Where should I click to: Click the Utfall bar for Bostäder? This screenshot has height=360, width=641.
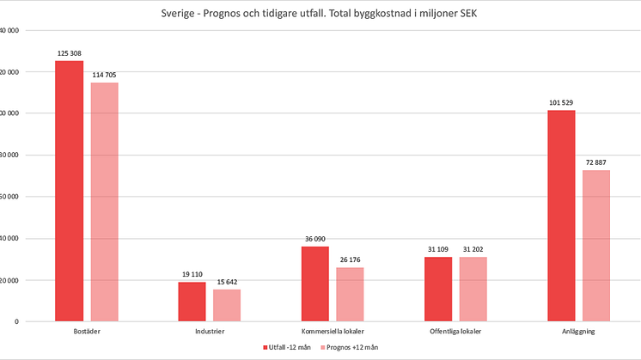(70, 191)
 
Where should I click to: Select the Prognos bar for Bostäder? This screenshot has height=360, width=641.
(105, 202)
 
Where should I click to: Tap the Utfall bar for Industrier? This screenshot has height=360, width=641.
(192, 302)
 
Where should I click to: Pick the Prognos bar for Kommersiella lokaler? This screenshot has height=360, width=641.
(350, 294)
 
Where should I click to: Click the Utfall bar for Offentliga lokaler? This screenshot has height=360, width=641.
(438, 289)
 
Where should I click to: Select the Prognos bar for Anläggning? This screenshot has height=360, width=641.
(596, 246)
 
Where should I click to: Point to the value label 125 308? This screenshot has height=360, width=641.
(70, 53)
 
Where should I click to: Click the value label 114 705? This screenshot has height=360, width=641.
(105, 75)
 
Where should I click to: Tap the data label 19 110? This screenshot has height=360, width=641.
(192, 274)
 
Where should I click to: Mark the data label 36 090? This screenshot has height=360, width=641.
(314, 239)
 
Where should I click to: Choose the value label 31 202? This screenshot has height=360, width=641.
(473, 249)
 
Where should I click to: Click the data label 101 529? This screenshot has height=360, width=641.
(561, 103)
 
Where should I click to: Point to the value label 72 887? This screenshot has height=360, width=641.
(596, 162)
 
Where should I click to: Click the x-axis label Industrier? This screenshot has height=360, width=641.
(210, 330)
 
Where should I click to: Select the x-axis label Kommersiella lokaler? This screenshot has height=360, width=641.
(333, 330)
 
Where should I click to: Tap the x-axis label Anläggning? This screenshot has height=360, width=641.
(578, 330)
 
